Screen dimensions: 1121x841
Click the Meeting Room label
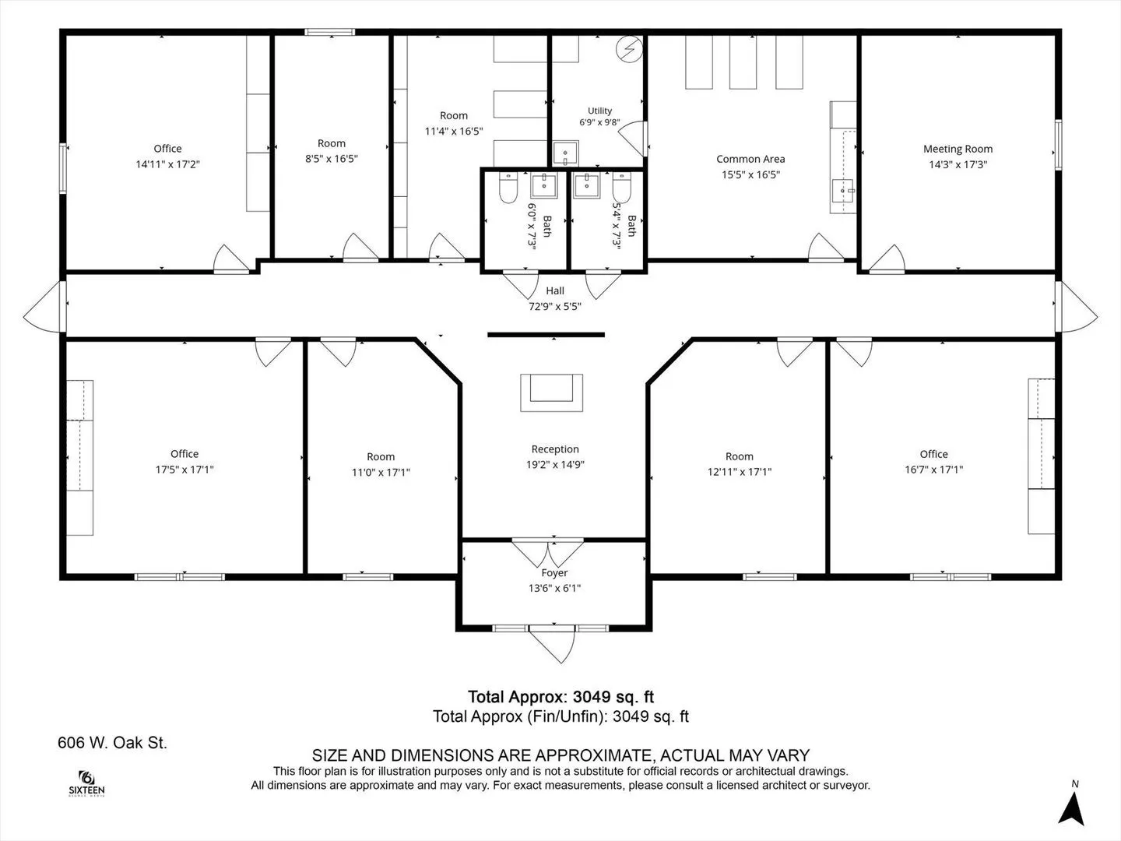click(958, 149)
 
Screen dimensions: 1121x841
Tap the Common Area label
click(750, 159)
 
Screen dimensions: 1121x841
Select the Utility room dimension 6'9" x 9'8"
click(599, 122)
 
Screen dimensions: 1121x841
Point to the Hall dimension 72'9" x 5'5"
click(554, 306)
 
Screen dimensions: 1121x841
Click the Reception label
click(555, 449)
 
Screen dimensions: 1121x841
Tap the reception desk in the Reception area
click(552, 392)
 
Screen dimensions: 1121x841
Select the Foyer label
click(554, 573)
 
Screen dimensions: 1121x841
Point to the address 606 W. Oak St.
click(112, 742)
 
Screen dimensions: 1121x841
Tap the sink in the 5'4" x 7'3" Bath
click(587, 185)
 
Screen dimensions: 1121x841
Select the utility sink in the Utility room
click(565, 153)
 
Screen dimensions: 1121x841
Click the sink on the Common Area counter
click(842, 191)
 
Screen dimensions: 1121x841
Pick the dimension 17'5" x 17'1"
click(184, 470)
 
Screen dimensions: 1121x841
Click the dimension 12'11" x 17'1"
click(739, 472)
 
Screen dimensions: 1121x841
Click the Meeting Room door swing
click(887, 259)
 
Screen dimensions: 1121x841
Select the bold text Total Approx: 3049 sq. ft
click(560, 696)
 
